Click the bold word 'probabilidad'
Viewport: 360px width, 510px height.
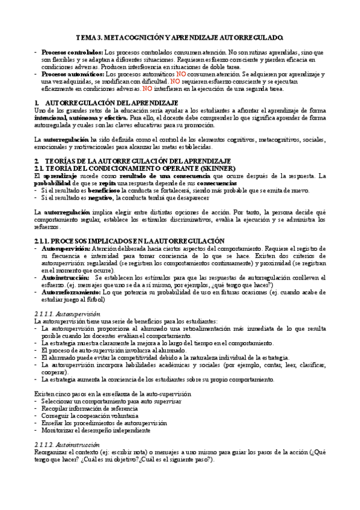(53, 183)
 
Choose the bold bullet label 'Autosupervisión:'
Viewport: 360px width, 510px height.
(66, 248)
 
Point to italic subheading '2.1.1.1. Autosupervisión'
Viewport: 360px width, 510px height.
(67, 314)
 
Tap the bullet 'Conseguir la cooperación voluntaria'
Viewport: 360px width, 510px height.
(90, 415)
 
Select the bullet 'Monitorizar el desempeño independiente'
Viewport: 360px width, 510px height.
(96, 430)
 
